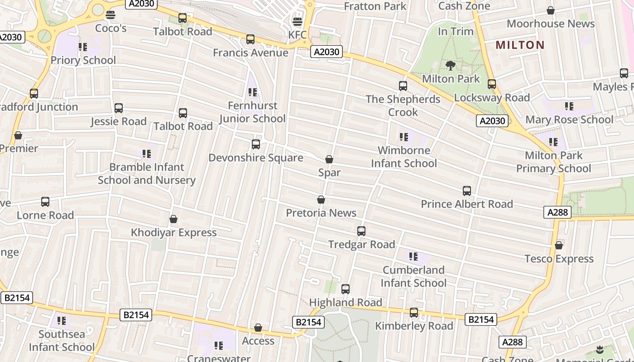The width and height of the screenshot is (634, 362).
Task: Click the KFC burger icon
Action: click(298, 21)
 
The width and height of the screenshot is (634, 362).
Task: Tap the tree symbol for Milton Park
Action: click(451, 66)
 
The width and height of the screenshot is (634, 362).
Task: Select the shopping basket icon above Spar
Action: click(329, 159)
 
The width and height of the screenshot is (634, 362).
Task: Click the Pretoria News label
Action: click(321, 213)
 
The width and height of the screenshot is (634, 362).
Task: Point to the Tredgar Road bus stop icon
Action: click(361, 231)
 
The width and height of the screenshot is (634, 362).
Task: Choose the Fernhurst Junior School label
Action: click(252, 112)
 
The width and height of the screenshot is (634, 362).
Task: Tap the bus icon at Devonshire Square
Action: click(256, 144)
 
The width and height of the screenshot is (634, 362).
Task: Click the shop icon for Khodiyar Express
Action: click(173, 219)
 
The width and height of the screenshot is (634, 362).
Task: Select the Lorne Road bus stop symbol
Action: click(45, 202)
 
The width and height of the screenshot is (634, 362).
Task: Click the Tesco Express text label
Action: click(559, 259)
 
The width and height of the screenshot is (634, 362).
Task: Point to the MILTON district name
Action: click(520, 45)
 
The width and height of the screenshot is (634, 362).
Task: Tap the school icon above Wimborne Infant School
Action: click(403, 137)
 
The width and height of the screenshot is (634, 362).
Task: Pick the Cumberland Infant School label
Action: click(413, 276)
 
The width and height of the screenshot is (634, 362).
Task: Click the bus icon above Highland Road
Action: click(346, 289)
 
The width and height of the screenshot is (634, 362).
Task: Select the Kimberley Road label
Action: click(414, 326)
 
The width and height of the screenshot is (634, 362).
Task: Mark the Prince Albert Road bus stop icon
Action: click(467, 191)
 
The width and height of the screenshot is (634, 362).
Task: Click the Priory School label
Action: click(83, 60)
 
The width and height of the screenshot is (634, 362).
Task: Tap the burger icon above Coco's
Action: click(110, 15)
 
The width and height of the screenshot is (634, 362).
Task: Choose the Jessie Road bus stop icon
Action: click(119, 108)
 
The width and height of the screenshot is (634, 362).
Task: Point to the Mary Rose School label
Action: click(569, 119)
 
